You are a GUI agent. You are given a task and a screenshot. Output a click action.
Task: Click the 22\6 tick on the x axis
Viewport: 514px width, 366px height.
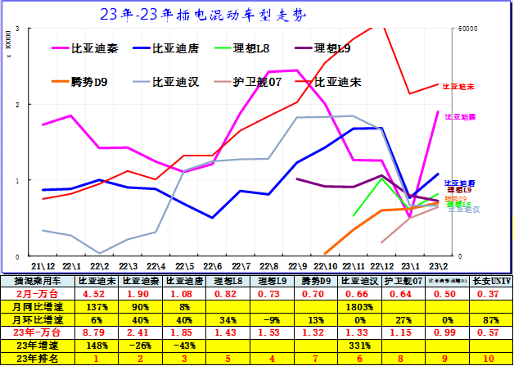pos(212,266)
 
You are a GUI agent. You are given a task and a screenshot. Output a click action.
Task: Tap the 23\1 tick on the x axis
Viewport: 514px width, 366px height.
pos(409,266)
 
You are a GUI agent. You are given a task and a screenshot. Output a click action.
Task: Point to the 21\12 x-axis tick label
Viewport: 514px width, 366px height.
pos(43,266)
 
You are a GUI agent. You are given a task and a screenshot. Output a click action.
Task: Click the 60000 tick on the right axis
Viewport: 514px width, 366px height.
pos(468,29)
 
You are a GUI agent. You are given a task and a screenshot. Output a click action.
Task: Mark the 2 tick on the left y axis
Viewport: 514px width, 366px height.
pos(18,105)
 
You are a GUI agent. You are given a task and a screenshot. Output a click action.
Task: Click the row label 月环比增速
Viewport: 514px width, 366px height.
pos(38,319)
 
